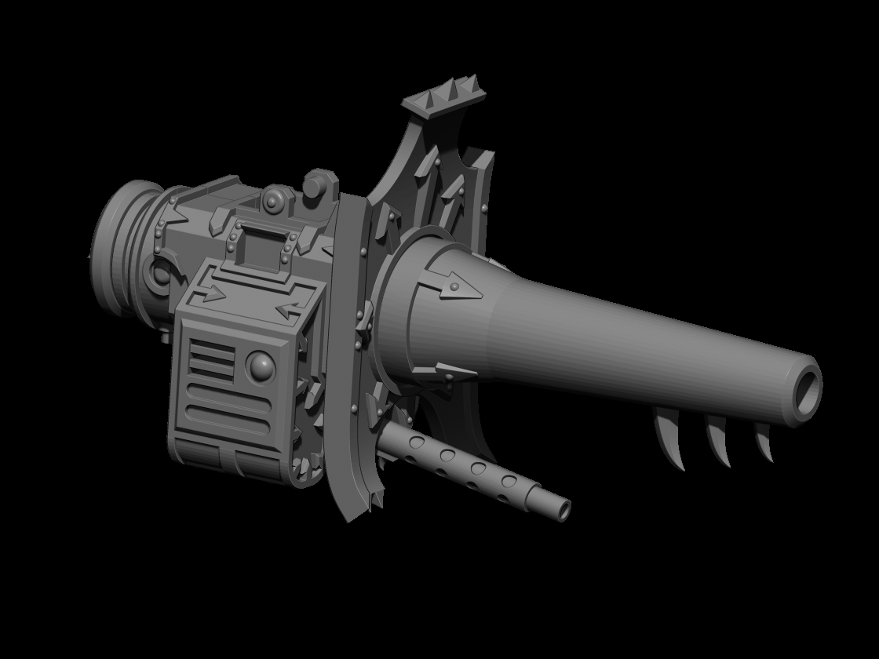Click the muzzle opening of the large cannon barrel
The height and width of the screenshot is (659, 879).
[805, 390]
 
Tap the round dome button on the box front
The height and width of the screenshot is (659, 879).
[260, 365]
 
